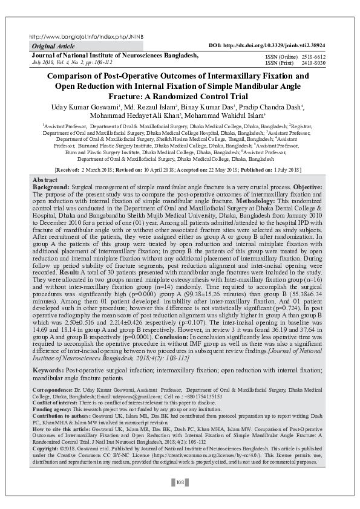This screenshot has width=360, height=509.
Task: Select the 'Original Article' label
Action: pos(53,47)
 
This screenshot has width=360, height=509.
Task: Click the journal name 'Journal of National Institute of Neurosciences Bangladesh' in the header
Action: pos(115,55)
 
